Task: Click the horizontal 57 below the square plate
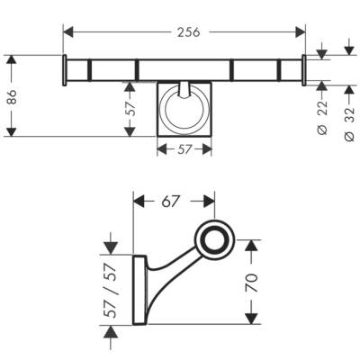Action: tap(184, 150)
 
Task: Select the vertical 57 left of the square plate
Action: tap(131, 110)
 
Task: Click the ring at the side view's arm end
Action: tap(215, 238)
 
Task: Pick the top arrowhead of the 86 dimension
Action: tap(11, 60)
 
